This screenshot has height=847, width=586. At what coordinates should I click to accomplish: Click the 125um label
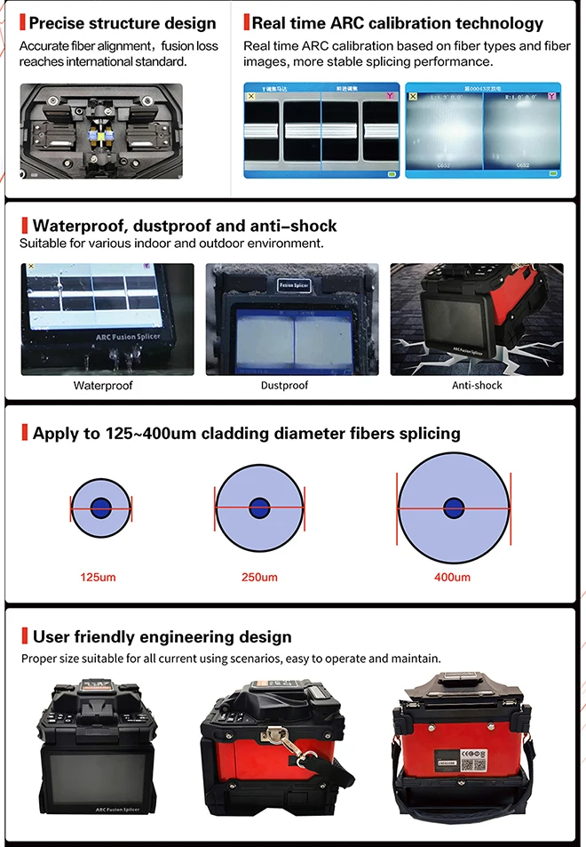tap(99, 578)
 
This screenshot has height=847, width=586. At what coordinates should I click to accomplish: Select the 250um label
tap(259, 578)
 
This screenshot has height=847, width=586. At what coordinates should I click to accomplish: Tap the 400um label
tap(452, 578)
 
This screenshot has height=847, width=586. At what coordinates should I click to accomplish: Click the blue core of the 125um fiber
tap(100, 508)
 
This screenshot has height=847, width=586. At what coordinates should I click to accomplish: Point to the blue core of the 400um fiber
tap(454, 508)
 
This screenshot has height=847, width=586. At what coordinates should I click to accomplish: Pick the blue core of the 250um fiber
tap(259, 508)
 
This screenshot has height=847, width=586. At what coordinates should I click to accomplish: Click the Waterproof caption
tap(103, 386)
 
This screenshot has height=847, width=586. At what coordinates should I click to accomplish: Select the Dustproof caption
tap(284, 386)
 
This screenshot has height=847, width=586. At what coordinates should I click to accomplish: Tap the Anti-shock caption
tap(477, 386)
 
